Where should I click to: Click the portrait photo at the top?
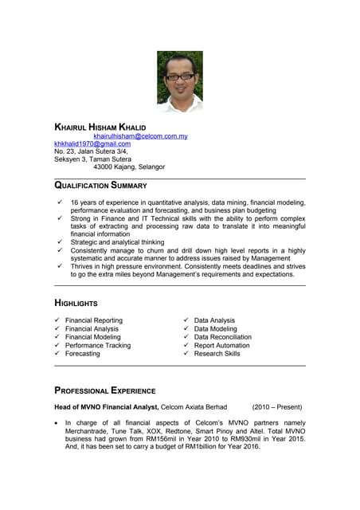(x=179, y=81)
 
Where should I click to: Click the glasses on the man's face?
(x=180, y=76)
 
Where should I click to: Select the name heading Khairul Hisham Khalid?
(x=100, y=127)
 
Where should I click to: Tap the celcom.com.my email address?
(x=140, y=136)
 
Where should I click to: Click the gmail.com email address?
(x=92, y=143)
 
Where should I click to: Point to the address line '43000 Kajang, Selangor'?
(x=129, y=167)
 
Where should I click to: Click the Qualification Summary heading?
(x=100, y=186)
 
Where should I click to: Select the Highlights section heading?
(x=76, y=304)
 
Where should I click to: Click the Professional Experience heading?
(x=104, y=390)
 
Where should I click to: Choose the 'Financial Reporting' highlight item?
(x=94, y=320)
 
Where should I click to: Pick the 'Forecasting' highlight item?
(x=83, y=353)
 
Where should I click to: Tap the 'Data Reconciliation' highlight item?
(x=222, y=337)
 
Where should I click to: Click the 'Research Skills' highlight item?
(x=217, y=353)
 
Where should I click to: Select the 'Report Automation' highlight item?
(x=222, y=345)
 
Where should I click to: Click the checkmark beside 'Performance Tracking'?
(x=57, y=345)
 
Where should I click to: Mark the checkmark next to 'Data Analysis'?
(x=186, y=320)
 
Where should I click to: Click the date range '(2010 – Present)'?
(x=278, y=407)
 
